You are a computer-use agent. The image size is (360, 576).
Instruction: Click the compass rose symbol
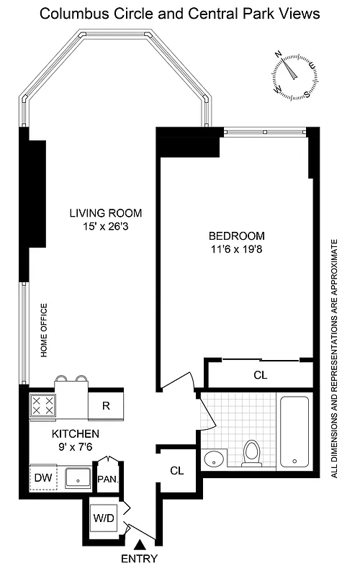coord(294,74)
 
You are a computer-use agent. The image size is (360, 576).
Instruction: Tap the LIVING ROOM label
coord(106,213)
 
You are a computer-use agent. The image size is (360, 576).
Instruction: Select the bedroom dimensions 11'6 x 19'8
coord(237,249)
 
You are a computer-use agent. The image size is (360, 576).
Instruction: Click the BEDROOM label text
coord(237,235)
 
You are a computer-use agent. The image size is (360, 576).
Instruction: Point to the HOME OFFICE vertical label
coord(43,330)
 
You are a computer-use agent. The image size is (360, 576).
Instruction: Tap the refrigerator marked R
coord(105,406)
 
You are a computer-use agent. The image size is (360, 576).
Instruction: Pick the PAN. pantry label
coord(107,478)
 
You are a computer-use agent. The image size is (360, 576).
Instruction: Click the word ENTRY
coord(140,559)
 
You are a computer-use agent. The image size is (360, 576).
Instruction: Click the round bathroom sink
coord(214,458)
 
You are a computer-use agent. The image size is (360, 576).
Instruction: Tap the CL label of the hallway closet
coord(177,471)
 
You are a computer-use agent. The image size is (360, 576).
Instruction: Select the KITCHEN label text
coord(75,434)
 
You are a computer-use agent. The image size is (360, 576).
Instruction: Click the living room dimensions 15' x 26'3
coord(106,227)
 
